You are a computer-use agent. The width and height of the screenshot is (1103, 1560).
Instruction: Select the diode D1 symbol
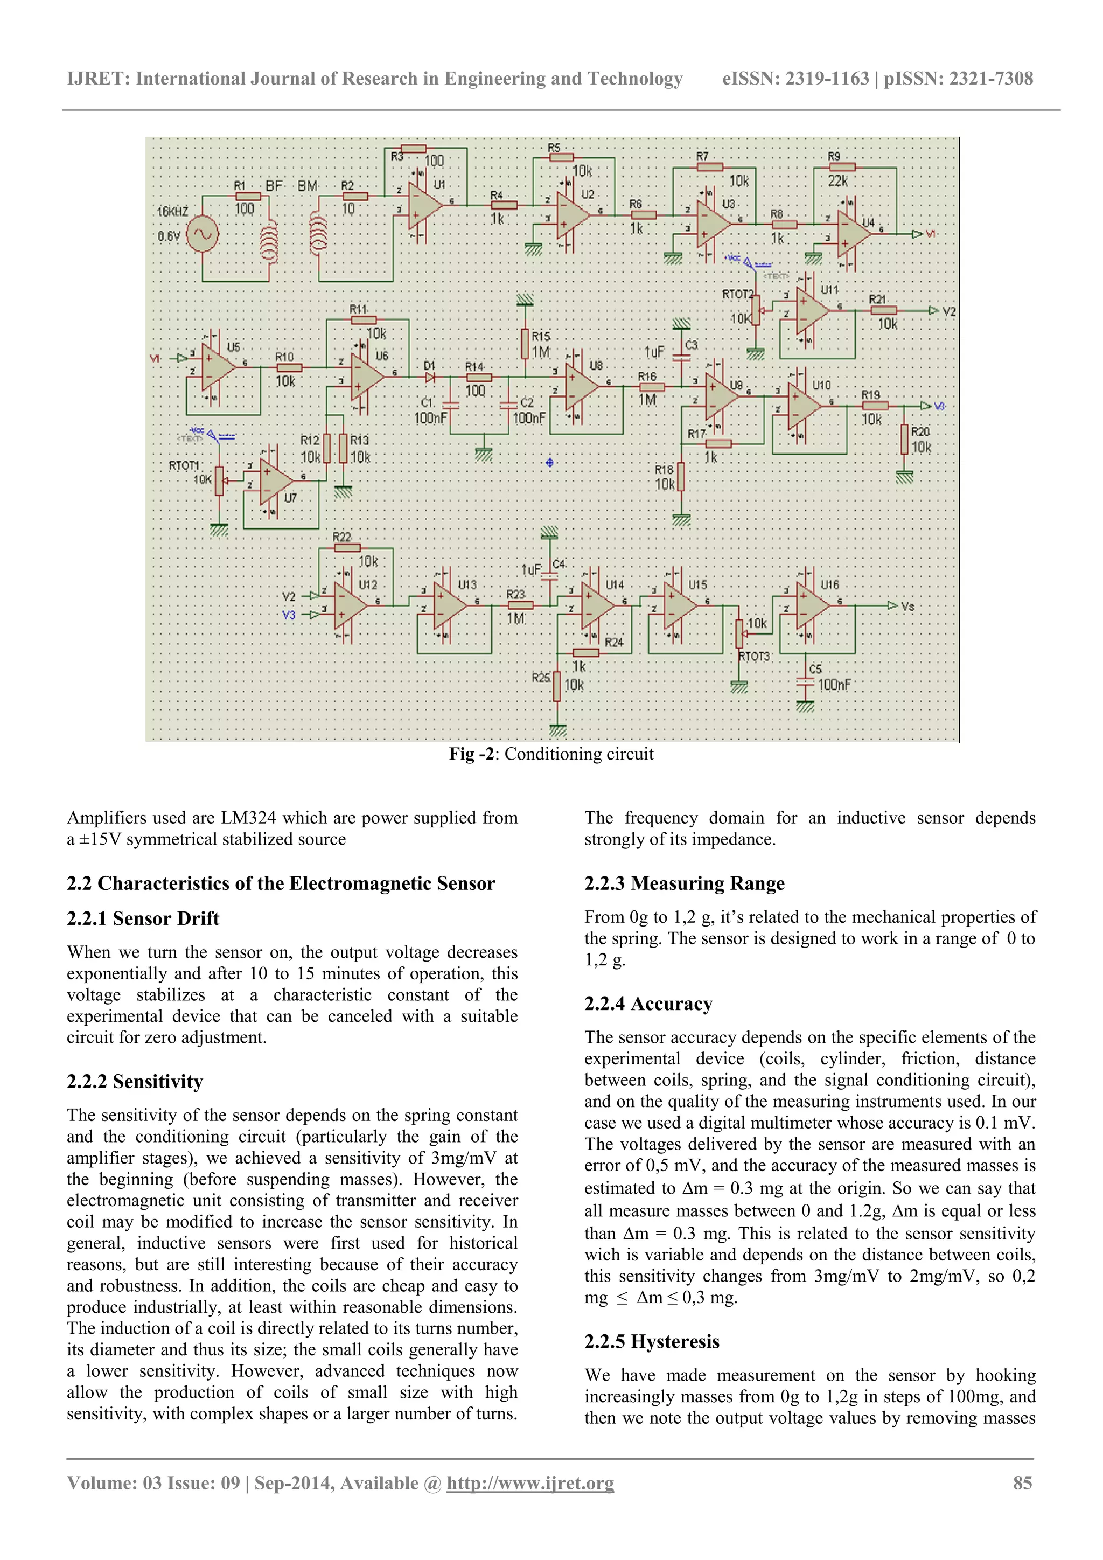click(x=430, y=377)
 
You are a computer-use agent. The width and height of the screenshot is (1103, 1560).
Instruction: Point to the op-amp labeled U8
click(x=578, y=388)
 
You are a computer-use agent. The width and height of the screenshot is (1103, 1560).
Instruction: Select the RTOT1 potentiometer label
click(x=184, y=465)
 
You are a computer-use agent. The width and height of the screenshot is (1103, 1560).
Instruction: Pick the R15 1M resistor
click(x=525, y=344)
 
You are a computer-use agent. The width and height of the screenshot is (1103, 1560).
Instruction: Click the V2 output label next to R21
click(x=950, y=311)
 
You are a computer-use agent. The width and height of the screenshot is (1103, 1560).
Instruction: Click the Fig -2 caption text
click(x=551, y=754)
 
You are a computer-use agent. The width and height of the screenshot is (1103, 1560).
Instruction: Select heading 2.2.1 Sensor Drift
click(x=143, y=918)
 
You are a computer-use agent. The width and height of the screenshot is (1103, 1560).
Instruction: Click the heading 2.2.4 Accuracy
click(x=648, y=1004)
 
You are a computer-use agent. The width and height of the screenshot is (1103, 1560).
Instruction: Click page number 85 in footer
click(x=1022, y=1482)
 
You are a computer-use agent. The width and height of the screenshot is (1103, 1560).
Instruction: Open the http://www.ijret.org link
click(x=530, y=1483)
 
